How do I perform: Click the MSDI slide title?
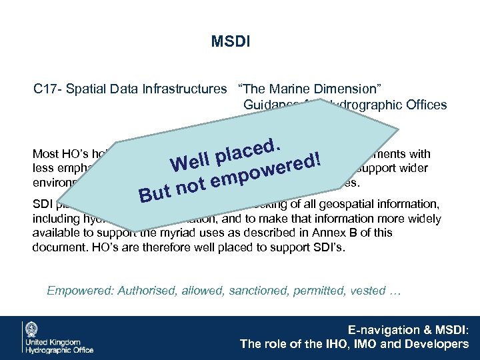[x=230, y=43]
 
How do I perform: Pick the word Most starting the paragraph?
[x=45, y=153]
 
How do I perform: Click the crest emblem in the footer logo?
[x=31, y=331]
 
